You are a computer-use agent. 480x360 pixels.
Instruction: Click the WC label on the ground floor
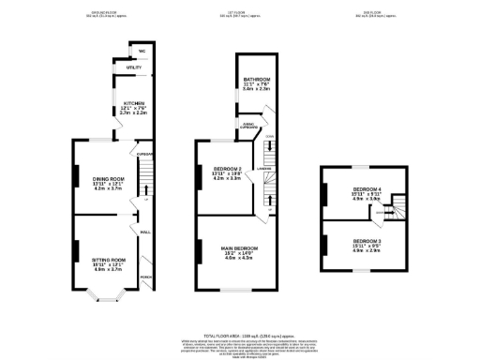[142, 51]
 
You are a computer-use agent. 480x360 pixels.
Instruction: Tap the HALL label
[145, 232]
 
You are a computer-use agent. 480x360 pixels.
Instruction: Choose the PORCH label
[145, 277]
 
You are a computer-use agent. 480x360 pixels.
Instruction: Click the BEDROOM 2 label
[227, 171]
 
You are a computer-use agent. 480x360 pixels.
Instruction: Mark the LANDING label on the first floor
[265, 168]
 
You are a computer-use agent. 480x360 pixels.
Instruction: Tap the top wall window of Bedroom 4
[356, 165]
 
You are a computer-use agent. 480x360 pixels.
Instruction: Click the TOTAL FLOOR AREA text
[240, 335]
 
